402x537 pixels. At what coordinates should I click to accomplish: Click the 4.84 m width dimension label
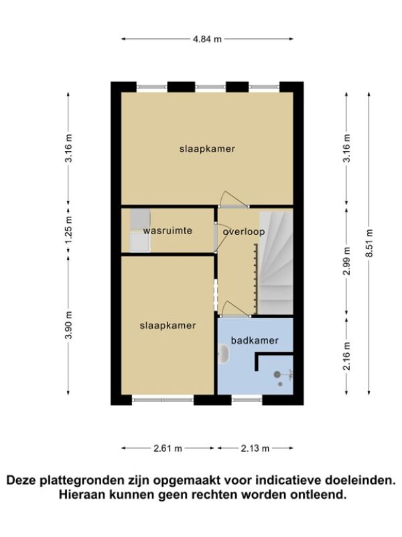(207, 39)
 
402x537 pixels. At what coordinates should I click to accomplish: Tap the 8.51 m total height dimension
(369, 243)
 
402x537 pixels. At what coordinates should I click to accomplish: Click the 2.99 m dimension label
(347, 261)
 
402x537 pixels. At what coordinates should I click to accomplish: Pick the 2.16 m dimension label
(347, 356)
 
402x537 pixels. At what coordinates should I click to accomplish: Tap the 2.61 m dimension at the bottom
(168, 448)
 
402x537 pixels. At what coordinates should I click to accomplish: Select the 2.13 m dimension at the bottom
(255, 448)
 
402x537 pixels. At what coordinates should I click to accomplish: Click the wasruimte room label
(167, 230)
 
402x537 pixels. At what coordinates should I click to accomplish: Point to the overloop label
(244, 232)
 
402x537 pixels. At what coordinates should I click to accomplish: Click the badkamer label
(255, 340)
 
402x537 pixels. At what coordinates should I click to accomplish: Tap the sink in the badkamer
(224, 354)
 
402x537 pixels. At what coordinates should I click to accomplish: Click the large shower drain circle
(277, 375)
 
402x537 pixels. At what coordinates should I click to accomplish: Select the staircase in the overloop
(275, 262)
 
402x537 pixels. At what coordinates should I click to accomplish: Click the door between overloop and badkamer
(236, 309)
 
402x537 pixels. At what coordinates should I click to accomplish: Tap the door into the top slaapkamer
(234, 199)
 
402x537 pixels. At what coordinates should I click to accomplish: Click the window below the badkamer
(247, 399)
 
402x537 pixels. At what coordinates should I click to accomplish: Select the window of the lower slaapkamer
(163, 399)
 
